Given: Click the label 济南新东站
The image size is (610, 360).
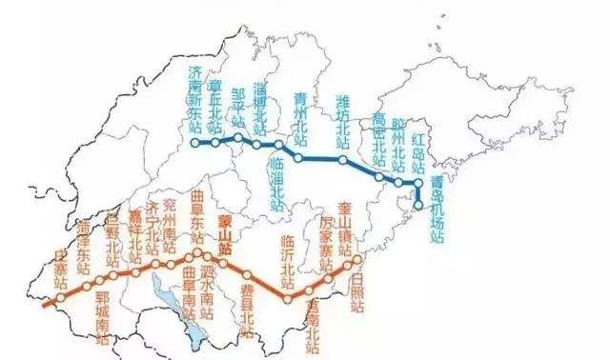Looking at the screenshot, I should coord(195,100).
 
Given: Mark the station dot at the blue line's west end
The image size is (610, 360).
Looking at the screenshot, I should coord(195,143).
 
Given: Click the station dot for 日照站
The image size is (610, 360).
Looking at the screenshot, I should coord(357,259).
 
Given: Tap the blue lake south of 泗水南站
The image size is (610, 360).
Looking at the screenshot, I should coord(194,327).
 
